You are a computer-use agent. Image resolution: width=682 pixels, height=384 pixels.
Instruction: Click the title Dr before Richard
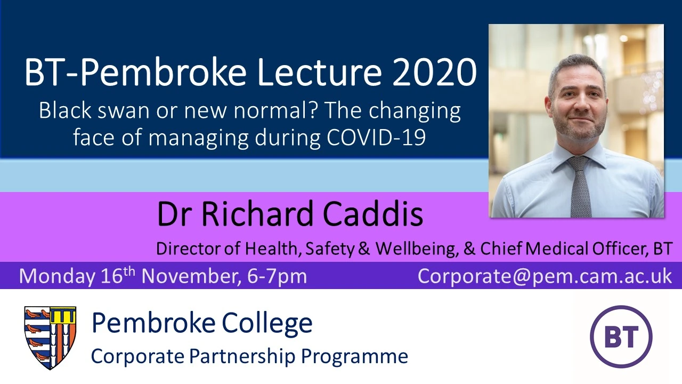(x=175, y=214)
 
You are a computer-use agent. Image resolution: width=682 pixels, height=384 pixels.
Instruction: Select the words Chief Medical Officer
(x=559, y=249)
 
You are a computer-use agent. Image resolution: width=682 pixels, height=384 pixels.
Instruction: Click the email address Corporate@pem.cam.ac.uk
(x=545, y=276)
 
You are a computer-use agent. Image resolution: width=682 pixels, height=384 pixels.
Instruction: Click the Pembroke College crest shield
(x=50, y=337)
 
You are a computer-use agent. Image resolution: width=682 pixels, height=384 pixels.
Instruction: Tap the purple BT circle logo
(x=621, y=337)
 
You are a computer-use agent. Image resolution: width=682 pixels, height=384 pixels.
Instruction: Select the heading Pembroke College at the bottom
(x=202, y=323)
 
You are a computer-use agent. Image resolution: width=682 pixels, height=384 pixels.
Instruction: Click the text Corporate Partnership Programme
(x=249, y=356)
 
